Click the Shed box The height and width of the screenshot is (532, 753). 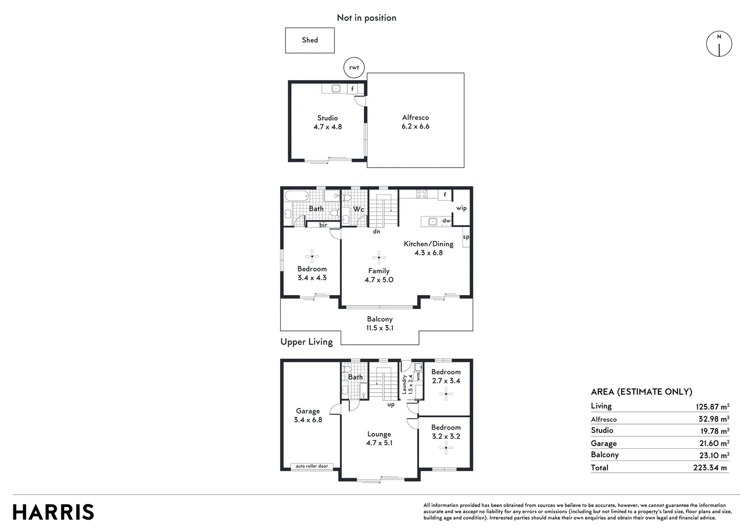[x=310, y=40]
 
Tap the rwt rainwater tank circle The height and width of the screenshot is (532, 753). [x=354, y=67]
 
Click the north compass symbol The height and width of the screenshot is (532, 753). [x=719, y=44]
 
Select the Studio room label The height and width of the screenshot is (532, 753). [x=327, y=118]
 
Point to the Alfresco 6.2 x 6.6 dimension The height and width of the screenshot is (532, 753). [x=415, y=126]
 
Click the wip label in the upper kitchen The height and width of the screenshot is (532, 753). [x=461, y=208]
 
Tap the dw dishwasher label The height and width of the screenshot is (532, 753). [x=446, y=221]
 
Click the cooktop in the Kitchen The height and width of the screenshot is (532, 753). [x=421, y=194]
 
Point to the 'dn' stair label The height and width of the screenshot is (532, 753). [x=376, y=231]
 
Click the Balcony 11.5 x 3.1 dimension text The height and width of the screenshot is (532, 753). [x=380, y=328]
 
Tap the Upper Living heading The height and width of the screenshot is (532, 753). [x=306, y=342]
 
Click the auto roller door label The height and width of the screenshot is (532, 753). [x=312, y=466]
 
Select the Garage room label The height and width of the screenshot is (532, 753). [x=308, y=411]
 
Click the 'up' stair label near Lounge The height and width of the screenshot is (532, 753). [x=391, y=404]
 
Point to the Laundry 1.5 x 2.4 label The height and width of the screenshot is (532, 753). [x=407, y=384]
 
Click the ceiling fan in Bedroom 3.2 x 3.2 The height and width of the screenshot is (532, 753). [x=446, y=448]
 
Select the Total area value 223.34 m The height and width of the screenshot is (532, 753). [x=710, y=467]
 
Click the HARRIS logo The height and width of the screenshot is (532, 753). [x=53, y=512]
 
